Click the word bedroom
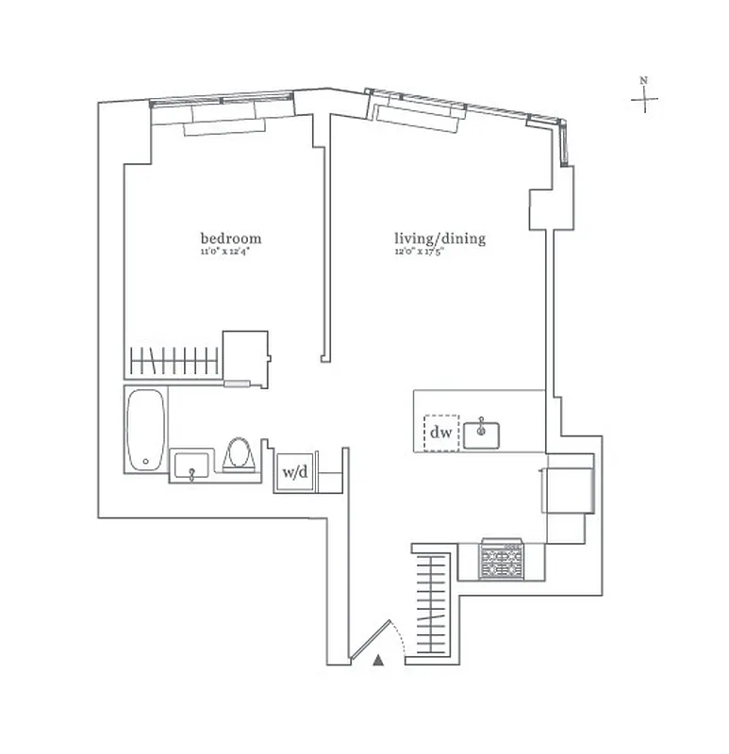click(x=230, y=238)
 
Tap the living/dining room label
click(x=439, y=238)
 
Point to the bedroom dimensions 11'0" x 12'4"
click(x=230, y=253)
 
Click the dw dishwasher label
click(x=440, y=434)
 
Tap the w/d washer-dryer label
click(x=295, y=472)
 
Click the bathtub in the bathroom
click(x=145, y=431)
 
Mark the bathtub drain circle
click(x=145, y=462)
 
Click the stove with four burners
click(x=502, y=560)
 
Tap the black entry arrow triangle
click(x=378, y=661)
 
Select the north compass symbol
click(x=644, y=97)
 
